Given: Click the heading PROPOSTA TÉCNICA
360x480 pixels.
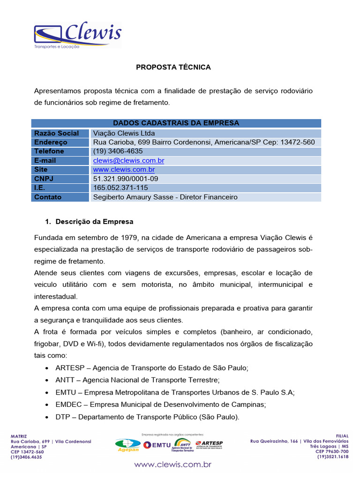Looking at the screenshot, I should [173, 67].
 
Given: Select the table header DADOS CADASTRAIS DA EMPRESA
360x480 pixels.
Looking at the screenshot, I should [176, 123].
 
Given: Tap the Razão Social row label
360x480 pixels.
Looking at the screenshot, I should [57, 133].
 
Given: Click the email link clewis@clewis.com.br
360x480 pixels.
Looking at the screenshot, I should [128, 160].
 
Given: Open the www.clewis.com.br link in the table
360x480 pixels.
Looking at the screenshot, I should [124, 169].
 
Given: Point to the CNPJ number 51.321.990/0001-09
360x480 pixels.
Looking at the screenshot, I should [126, 179].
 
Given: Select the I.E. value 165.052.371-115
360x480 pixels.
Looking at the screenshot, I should [120, 187].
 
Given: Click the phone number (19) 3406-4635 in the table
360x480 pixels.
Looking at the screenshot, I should [118, 151].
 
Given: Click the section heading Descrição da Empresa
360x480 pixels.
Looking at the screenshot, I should [94, 221].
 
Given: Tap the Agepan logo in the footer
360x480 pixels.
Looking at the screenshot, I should [127, 445].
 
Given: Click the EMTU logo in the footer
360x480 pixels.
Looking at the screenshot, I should [157, 444].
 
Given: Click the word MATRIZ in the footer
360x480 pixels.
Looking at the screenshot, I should [19, 435].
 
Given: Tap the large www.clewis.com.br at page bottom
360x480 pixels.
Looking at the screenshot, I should [173, 465].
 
